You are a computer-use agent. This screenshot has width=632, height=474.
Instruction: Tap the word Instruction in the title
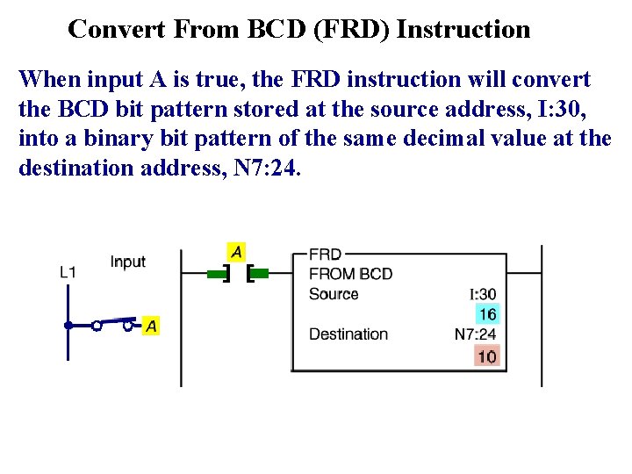point(463,30)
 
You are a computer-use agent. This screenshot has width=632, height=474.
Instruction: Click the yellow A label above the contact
point(236,251)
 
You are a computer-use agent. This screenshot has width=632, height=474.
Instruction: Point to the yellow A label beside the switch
point(151,326)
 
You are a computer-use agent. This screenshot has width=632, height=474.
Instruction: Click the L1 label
point(68,273)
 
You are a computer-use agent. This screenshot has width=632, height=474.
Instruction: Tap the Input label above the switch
point(128,262)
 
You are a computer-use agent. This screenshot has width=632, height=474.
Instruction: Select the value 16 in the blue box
point(487,314)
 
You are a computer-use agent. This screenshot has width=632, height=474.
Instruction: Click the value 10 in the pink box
point(487,355)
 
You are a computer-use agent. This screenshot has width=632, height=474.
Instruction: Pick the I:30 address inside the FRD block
point(483,295)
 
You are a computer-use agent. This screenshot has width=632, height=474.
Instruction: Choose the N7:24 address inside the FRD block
point(475,334)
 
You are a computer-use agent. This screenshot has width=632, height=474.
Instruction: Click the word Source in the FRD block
point(334,294)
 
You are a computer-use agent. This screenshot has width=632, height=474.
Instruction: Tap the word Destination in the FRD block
point(348,334)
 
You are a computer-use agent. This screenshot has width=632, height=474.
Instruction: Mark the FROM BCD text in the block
point(350,274)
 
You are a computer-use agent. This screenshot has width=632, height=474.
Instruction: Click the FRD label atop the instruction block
point(325,255)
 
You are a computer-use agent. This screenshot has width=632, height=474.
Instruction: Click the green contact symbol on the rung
point(237,274)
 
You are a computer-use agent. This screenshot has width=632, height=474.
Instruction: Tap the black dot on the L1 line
point(68,326)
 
